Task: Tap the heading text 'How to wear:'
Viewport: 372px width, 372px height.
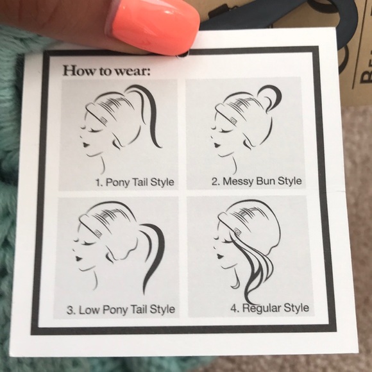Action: [x=106, y=70]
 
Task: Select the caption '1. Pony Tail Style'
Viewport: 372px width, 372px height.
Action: [x=135, y=182]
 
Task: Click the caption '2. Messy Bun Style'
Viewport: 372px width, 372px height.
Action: [x=257, y=181]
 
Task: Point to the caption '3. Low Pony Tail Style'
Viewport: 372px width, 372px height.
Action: [x=121, y=310]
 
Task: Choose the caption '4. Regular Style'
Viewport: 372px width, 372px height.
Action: [x=270, y=308]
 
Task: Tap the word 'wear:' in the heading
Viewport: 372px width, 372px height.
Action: [x=133, y=70]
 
